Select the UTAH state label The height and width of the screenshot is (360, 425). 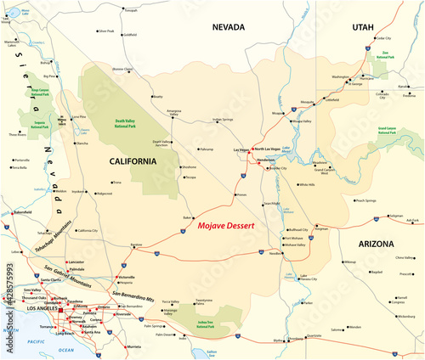coord(363,27)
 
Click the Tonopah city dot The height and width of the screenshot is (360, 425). coord(118,8)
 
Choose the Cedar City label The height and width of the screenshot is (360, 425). coord(382,38)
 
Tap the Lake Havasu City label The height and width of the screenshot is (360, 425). coord(303,279)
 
